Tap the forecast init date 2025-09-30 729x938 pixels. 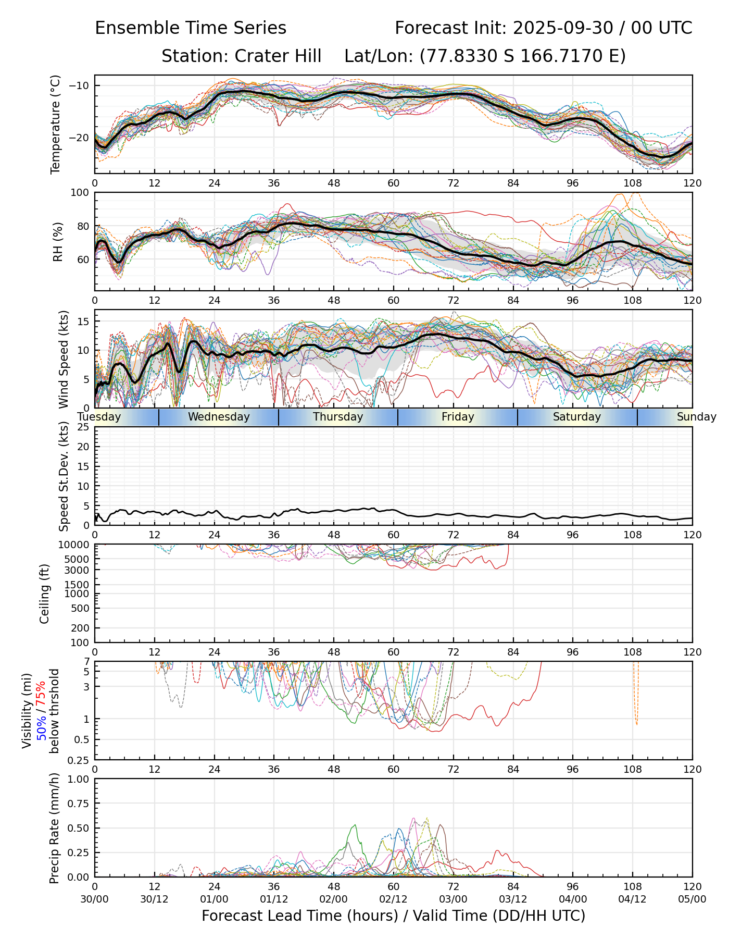coord(563,28)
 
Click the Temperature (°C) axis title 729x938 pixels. coord(56,124)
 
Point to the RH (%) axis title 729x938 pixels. coord(58,241)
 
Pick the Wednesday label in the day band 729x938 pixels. coord(219,417)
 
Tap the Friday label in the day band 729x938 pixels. coord(458,417)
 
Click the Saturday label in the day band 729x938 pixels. coord(577,417)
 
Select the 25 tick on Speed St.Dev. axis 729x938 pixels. coord(83,427)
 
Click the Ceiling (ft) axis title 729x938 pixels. coord(45,594)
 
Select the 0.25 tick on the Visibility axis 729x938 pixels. coord(79,760)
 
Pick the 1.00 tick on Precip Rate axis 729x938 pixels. coord(77,779)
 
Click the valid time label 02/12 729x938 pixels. coord(393,899)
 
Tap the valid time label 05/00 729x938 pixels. coord(692,899)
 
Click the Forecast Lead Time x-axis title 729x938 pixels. coord(393,916)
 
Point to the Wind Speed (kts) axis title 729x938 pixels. coord(64,359)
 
